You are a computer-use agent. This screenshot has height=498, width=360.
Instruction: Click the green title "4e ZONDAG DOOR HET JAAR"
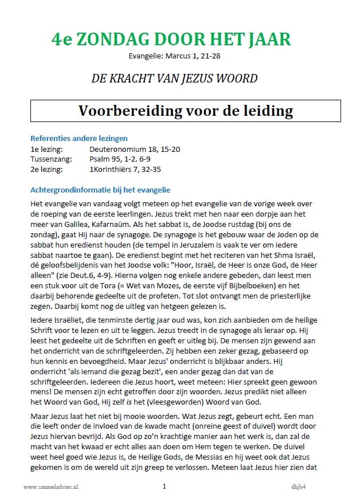[170, 40]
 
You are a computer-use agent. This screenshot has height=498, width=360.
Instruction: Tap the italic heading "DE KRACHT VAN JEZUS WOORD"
[174, 79]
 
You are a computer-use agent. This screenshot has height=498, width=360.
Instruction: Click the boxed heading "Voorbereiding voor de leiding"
[186, 111]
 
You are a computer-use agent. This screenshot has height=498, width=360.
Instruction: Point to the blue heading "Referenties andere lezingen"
[79, 138]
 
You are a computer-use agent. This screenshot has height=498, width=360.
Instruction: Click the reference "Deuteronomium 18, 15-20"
[135, 149]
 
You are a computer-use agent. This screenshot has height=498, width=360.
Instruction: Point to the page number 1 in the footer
[165, 487]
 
